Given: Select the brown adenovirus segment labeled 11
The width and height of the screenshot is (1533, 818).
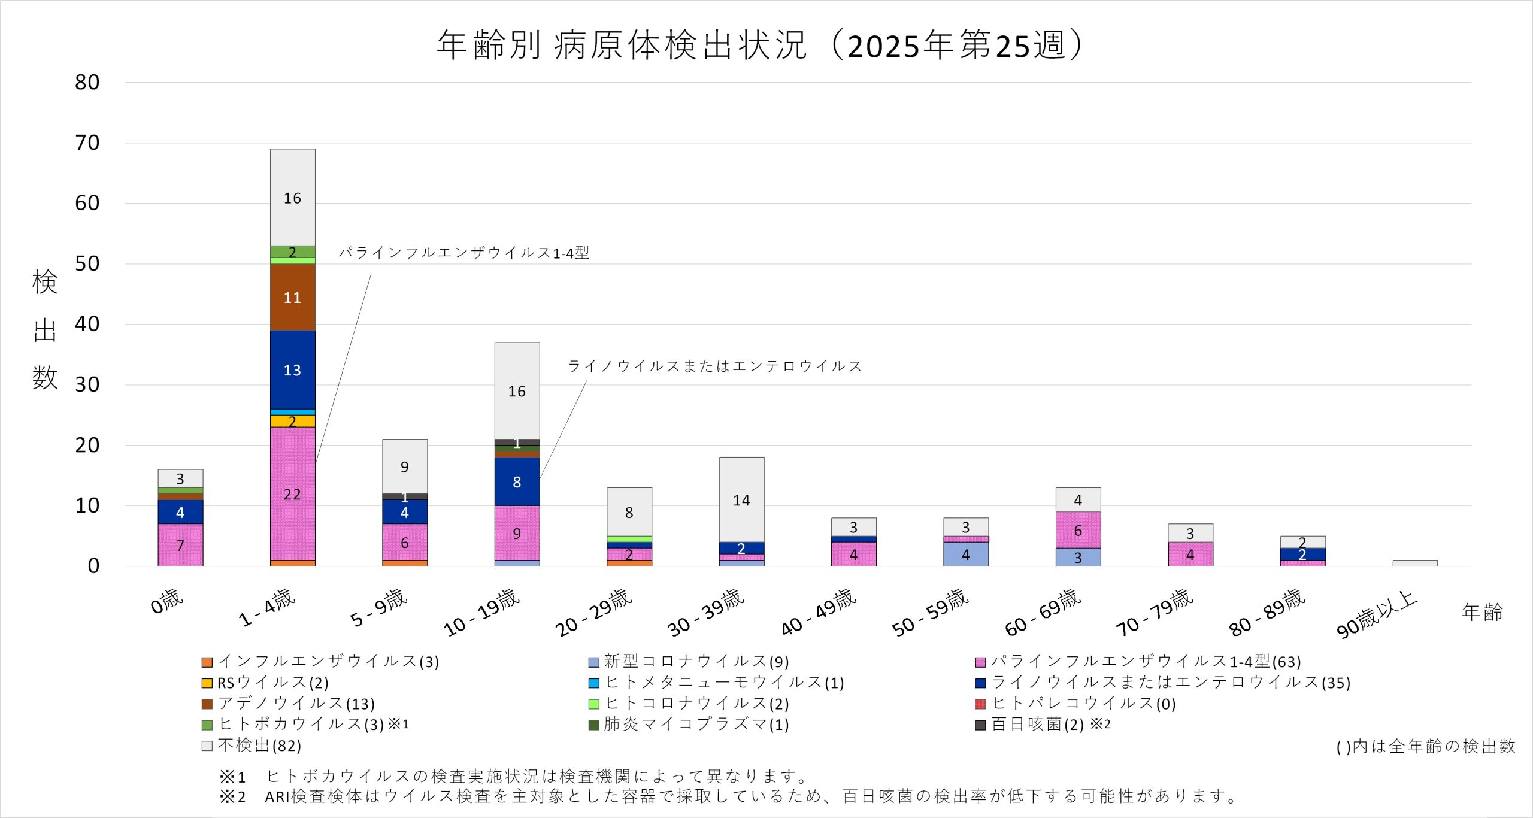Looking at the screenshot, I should pos(292,297).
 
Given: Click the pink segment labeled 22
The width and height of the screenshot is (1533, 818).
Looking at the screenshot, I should pos(292,493).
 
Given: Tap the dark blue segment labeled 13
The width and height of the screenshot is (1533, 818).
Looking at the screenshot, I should pos(292,370).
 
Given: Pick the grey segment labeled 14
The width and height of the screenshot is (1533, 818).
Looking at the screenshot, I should pos(741,499).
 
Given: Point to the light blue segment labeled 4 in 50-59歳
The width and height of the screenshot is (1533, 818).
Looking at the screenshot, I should pos(965,554).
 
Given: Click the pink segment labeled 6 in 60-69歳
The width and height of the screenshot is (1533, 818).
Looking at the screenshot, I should pos(1078,530).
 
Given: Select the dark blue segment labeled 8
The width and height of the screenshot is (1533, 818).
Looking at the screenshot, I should pos(517,481).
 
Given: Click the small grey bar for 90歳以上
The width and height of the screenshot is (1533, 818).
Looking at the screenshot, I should pos(1414,563).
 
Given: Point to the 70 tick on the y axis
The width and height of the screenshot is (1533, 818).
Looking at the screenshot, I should pos(87,143).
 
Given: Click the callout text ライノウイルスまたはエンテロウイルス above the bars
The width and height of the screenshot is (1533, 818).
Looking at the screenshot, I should pos(714,366).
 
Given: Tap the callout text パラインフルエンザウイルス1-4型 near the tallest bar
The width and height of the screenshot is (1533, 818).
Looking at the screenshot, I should pos(463,253).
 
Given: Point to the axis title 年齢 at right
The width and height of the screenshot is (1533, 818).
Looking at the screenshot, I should pos(1482,612).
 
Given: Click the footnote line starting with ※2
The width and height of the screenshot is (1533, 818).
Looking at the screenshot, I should pos(728,796).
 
